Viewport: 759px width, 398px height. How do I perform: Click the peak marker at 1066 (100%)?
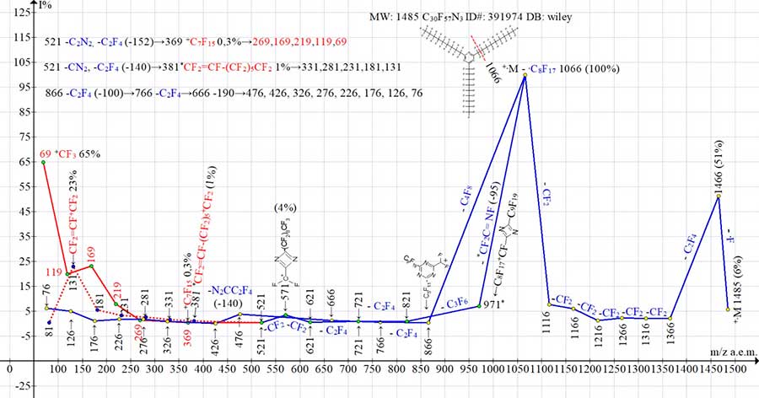tap(525, 75)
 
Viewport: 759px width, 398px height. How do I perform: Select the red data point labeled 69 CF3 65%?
tap(44, 162)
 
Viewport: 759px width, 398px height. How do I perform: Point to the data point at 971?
tap(480, 304)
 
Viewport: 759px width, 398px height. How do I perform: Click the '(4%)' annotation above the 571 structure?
tap(286, 207)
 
